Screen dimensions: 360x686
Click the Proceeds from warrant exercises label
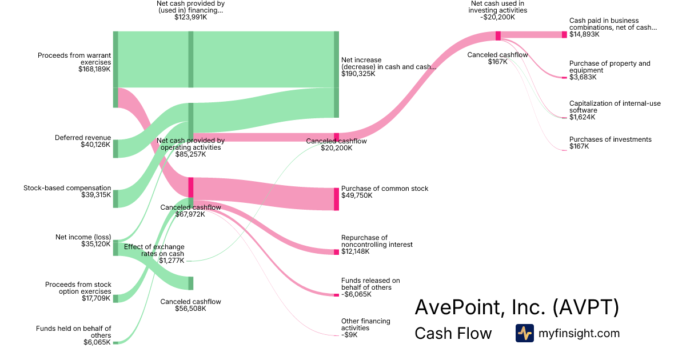[74, 59]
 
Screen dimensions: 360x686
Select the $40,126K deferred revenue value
[95, 145]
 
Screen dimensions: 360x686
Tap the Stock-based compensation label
[67, 187]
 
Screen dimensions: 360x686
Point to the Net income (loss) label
[83, 237]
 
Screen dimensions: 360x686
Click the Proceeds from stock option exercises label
[78, 288]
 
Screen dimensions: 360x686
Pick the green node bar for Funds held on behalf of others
[115, 342]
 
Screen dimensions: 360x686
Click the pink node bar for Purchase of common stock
[336, 199]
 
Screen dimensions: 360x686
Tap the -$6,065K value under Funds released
[356, 294]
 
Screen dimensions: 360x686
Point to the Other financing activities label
[365, 325]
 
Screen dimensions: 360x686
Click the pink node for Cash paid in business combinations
[564, 34]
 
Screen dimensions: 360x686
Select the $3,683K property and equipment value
[583, 77]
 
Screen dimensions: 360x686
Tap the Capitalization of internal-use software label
[615, 107]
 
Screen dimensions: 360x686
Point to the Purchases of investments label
[610, 139]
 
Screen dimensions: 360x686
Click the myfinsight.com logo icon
[524, 333]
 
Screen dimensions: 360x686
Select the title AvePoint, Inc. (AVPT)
[516, 307]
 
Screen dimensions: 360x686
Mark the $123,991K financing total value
[190, 17]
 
